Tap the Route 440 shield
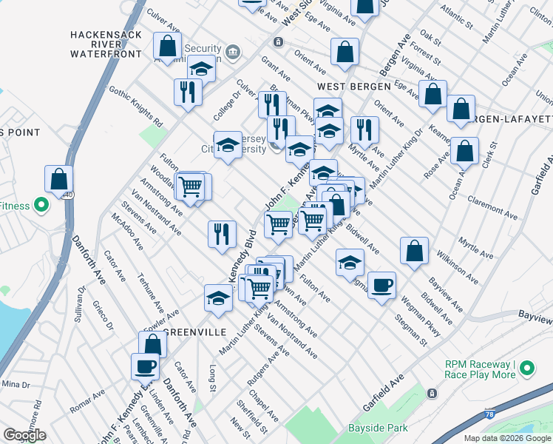pyautogui.click(x=67, y=195)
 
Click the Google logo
pyautogui.click(x=24, y=436)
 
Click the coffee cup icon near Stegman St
pyautogui.click(x=381, y=285)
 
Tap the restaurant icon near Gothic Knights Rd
pyautogui.click(x=187, y=92)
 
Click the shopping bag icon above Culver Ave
pyautogui.click(x=168, y=46)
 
